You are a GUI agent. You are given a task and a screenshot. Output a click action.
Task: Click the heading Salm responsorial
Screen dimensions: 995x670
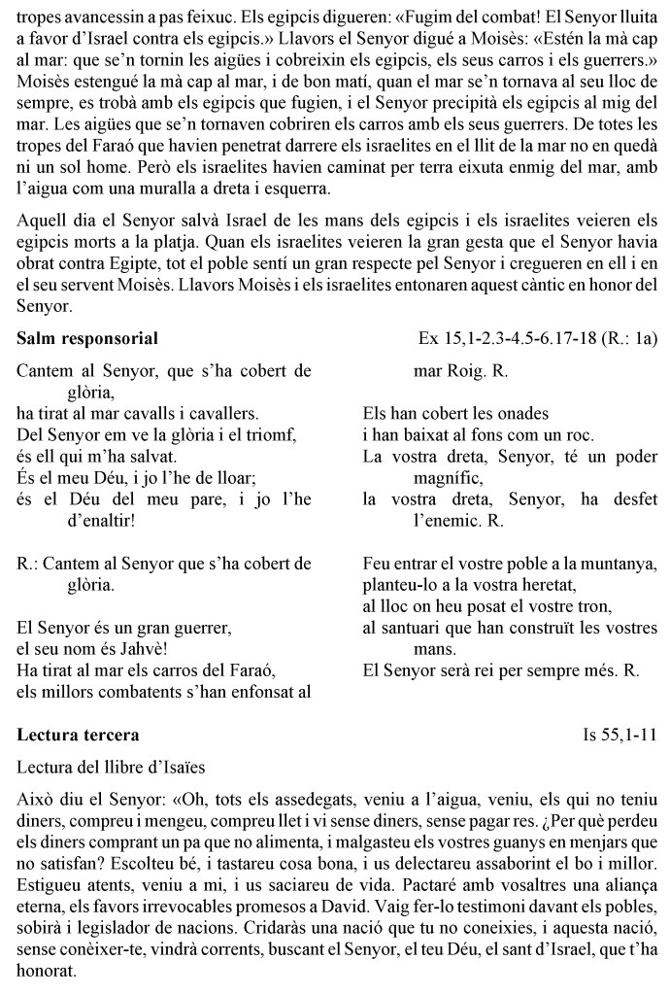(x=88, y=339)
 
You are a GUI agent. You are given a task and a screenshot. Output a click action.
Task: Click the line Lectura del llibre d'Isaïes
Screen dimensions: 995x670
(x=111, y=767)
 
